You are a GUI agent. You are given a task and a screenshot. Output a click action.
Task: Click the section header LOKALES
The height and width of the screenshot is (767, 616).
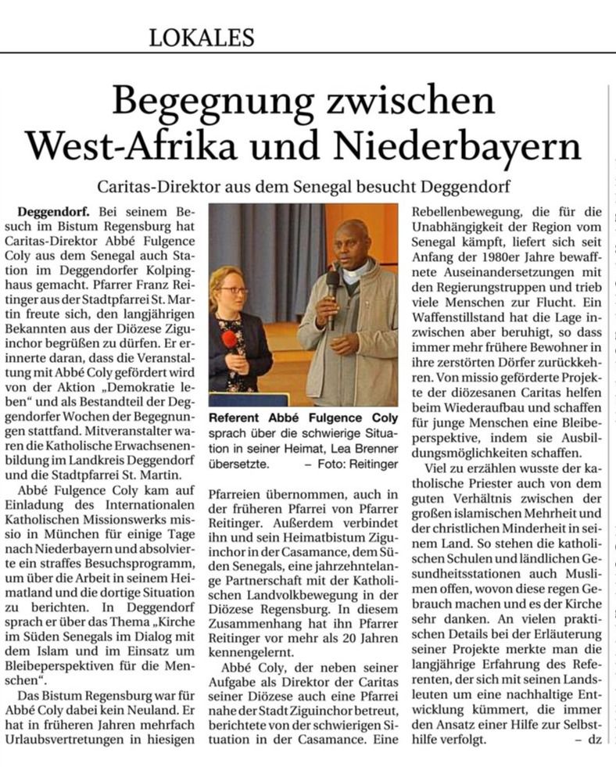(x=202, y=36)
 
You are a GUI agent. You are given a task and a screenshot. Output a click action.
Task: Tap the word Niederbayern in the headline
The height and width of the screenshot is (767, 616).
(x=478, y=146)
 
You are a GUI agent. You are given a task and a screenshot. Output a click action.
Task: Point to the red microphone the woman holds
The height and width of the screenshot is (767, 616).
(x=229, y=340)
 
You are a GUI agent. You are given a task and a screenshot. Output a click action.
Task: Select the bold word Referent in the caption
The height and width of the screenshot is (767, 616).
(x=238, y=418)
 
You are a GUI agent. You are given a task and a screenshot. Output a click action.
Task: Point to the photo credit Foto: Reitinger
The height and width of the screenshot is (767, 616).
(x=365, y=464)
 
